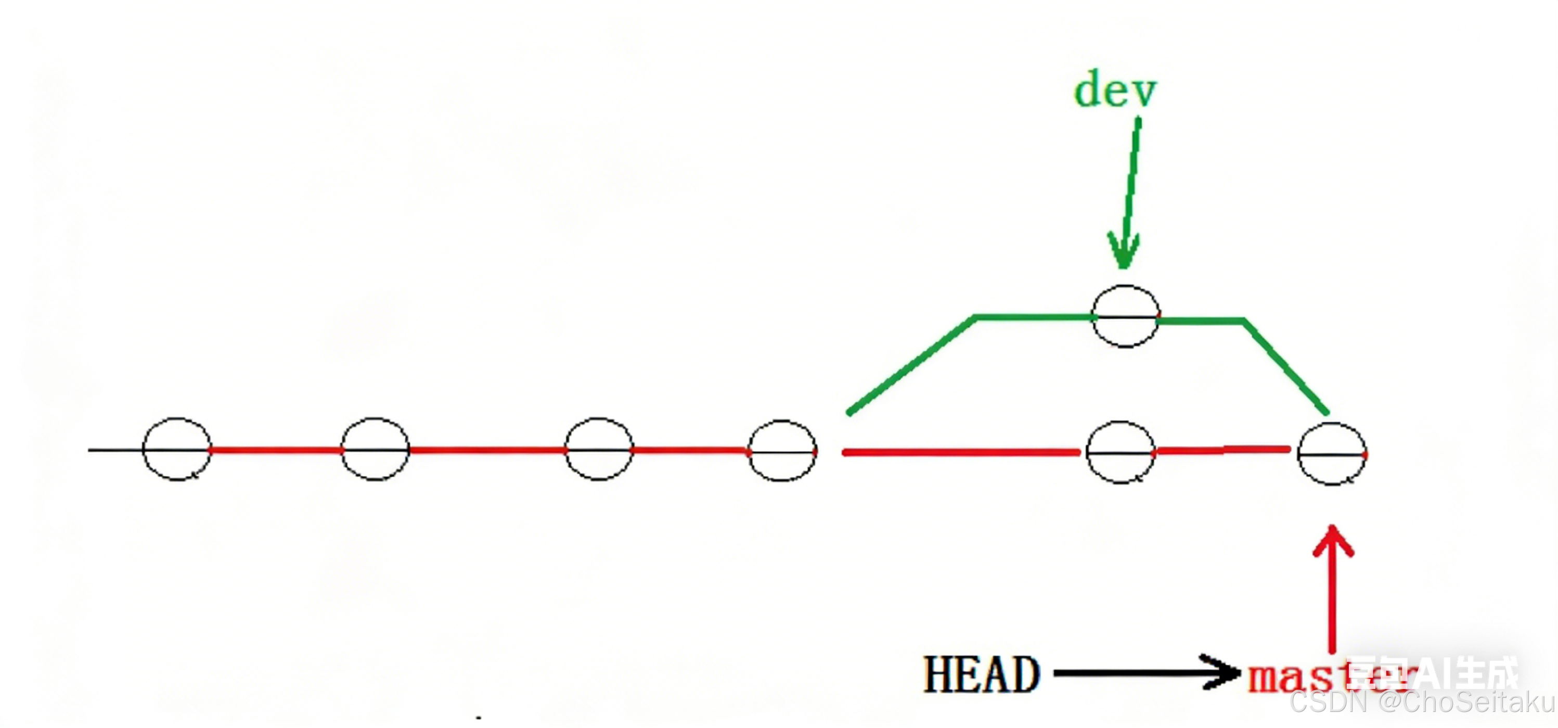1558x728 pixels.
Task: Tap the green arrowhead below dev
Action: click(1123, 251)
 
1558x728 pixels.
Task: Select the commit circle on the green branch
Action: click(1126, 316)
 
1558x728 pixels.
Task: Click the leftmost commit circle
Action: click(176, 449)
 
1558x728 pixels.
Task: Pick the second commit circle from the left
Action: click(375, 449)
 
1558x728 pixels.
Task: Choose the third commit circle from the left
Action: click(599, 449)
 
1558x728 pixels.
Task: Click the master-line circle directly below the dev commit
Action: click(1120, 452)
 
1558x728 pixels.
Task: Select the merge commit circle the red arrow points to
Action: click(1332, 454)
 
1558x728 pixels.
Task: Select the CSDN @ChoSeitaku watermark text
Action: click(1421, 703)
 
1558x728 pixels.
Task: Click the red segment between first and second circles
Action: click(276, 450)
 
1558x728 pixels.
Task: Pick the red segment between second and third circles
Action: click(487, 450)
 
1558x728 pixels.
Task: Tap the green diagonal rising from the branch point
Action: click(910, 364)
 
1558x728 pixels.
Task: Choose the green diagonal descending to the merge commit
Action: click(1286, 367)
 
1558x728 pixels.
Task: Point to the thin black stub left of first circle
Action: click(115, 450)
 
